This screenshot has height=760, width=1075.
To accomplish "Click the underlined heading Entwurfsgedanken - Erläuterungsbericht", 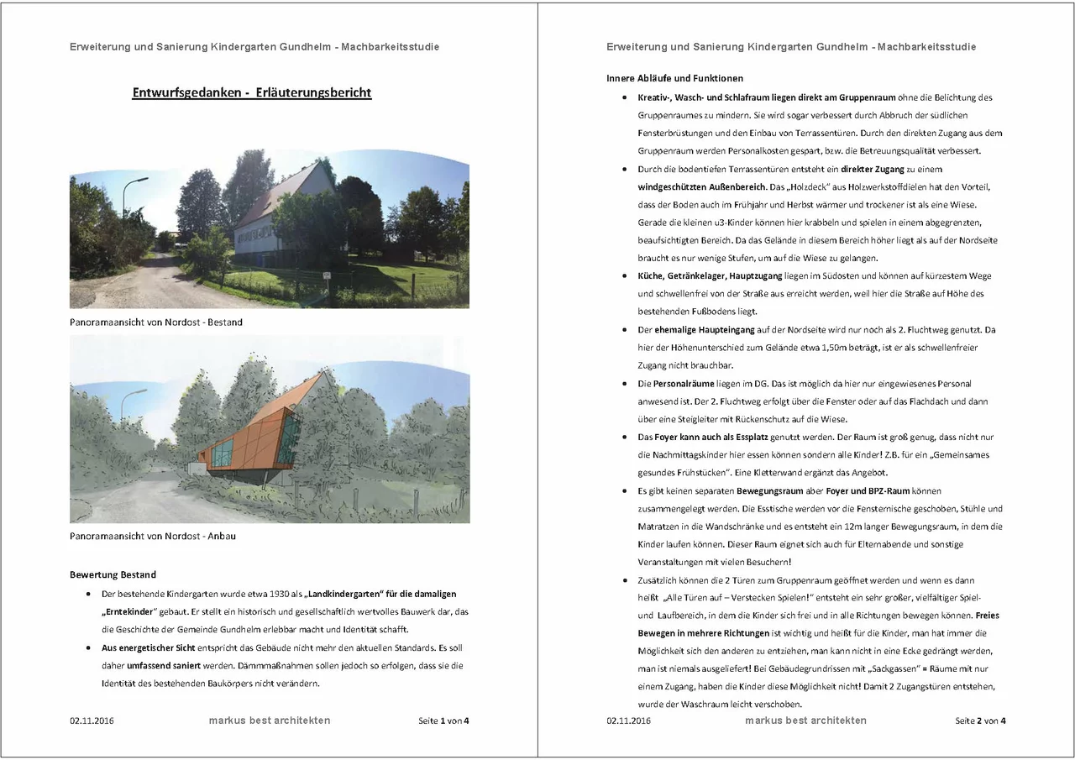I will (x=251, y=92).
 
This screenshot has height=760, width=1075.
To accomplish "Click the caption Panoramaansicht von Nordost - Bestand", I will (x=155, y=322).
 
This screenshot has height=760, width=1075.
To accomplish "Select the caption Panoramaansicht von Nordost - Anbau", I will (x=153, y=535).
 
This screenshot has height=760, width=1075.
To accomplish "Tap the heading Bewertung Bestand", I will (x=113, y=574).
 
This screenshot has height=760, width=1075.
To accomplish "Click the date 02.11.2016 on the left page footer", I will (x=92, y=721).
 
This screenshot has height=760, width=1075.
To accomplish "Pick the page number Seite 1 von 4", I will (x=443, y=721).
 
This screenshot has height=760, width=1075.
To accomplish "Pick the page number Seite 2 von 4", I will (x=980, y=721).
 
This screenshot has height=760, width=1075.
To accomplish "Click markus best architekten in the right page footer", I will (x=805, y=721).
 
